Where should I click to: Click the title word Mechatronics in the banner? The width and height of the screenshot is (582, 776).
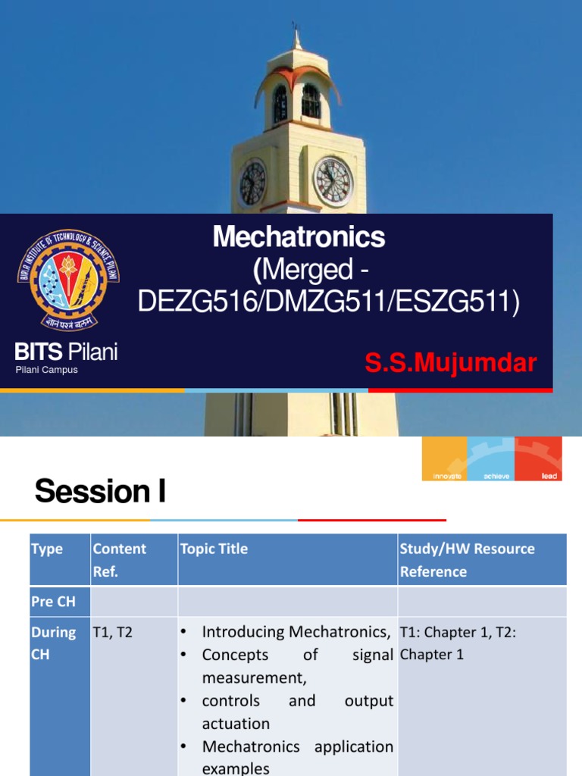299,238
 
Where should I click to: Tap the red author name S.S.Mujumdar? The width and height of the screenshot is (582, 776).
451,363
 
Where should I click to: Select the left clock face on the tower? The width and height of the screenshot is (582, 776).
252,183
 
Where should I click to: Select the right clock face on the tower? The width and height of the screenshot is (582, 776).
333,182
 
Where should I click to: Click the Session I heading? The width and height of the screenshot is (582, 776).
100,492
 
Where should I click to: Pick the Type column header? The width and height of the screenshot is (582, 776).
47,549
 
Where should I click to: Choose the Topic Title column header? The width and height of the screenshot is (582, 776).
214,549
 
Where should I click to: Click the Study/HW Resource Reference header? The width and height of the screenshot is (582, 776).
467,559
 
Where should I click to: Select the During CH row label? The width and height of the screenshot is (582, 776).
53,643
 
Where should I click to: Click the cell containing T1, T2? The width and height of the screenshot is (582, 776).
112,632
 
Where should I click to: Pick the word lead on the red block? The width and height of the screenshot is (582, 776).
549,476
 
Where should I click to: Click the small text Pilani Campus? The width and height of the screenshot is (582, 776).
47,370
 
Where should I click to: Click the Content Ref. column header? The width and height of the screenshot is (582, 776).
119,559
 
